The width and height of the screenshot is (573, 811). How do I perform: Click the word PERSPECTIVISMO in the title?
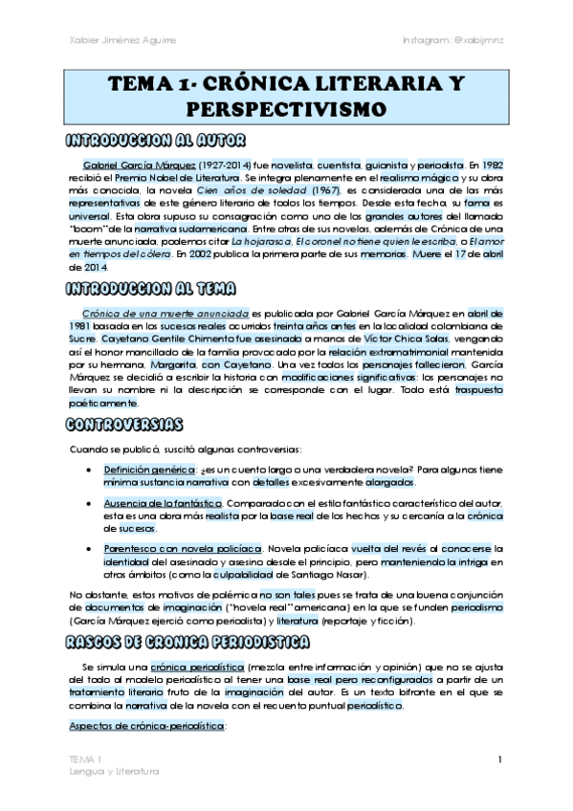(287, 106)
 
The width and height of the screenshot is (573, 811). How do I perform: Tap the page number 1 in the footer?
(499, 759)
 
